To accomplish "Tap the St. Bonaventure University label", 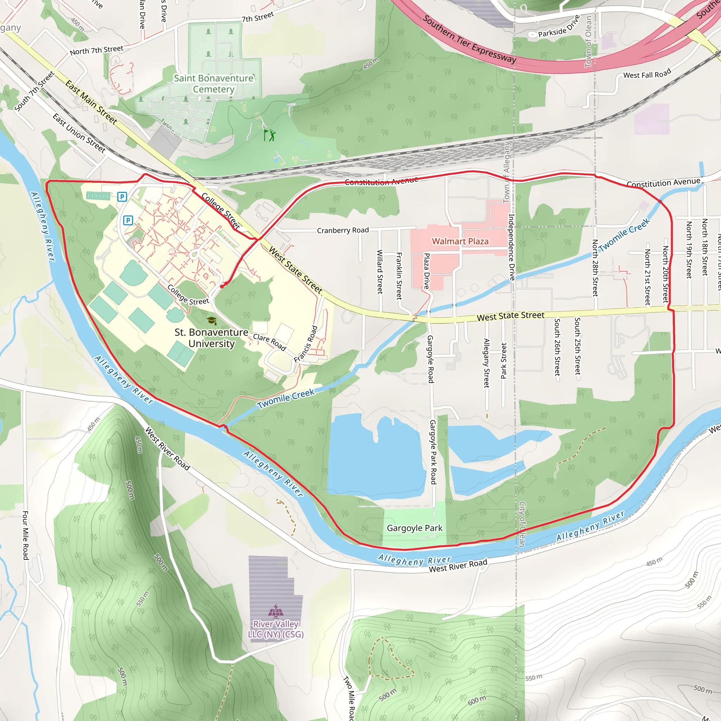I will point(212,338).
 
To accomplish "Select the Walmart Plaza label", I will point(460,242).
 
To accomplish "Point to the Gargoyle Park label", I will point(414,528).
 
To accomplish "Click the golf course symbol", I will point(270,135).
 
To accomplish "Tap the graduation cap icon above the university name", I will point(212,320).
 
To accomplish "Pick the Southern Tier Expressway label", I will point(470,39).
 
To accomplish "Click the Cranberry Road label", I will point(343,230).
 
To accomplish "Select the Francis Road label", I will point(306,344).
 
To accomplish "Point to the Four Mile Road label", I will point(25,535).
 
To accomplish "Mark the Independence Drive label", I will point(512,247).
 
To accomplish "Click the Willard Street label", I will point(380,272).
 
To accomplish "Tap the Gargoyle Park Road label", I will point(433,452).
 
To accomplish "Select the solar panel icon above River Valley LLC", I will point(276,611).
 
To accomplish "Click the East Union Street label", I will point(79,133).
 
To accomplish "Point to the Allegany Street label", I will point(486,363).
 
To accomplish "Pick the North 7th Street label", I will point(97,50).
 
